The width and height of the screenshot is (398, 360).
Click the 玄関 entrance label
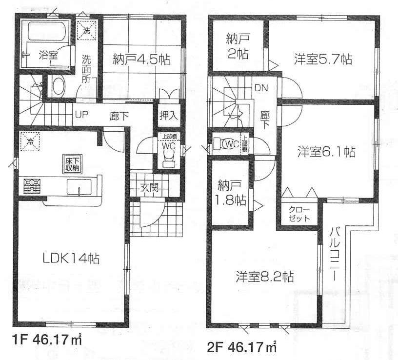pyautogui.click(x=150, y=187)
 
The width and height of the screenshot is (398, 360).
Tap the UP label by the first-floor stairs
pyautogui.click(x=80, y=116)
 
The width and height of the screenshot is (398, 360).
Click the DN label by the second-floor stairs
pyautogui.click(x=260, y=88)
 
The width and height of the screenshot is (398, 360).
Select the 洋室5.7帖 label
pyautogui.click(x=323, y=60)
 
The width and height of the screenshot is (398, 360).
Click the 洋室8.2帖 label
pyautogui.click(x=264, y=277)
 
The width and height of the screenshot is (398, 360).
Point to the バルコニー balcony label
pyautogui.click(x=336, y=254)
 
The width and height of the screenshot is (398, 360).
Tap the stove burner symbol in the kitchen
pyautogui.click(x=32, y=185)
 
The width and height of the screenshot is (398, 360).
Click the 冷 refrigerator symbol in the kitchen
pyautogui.click(x=30, y=142)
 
